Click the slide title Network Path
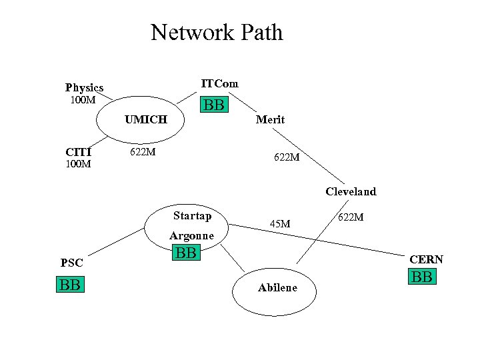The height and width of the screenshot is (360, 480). (x=217, y=32)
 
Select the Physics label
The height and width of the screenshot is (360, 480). (x=84, y=87)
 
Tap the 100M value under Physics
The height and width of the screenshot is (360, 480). (x=83, y=101)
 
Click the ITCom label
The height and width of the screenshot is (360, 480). (x=219, y=83)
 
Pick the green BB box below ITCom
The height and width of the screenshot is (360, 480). (x=214, y=105)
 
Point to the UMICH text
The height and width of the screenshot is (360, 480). (x=145, y=120)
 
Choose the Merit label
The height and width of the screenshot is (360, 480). (x=270, y=120)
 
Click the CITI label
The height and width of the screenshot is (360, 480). (x=78, y=151)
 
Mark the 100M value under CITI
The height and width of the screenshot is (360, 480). (x=78, y=164)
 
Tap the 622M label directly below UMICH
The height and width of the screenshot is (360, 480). (x=143, y=152)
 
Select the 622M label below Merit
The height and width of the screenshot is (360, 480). (x=287, y=158)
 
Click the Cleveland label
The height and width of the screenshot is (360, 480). (x=351, y=192)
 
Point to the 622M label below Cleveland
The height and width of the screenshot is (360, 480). (x=351, y=217)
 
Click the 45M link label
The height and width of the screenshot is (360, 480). (x=279, y=223)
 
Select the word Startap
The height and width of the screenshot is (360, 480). (x=192, y=215)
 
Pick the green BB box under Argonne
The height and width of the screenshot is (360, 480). (x=186, y=253)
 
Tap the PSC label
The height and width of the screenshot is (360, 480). (x=72, y=263)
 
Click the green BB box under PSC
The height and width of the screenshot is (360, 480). (x=70, y=285)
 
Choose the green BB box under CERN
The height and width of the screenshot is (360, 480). (x=422, y=277)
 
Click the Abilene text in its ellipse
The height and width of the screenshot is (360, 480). (x=277, y=287)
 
